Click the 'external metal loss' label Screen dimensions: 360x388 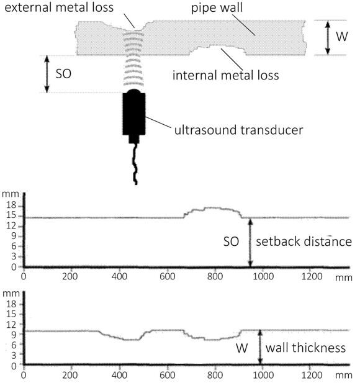59,7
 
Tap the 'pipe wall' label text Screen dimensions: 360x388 217,7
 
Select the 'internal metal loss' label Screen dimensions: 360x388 226,75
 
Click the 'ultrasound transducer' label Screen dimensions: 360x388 239,130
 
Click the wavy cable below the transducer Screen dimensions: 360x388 135,164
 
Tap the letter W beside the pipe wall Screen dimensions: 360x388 342,37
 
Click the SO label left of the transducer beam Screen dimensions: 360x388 63,74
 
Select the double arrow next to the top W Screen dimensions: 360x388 328,38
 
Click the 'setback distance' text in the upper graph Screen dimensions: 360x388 304,241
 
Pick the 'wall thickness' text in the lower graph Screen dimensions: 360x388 305,348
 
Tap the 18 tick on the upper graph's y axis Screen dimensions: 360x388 11,205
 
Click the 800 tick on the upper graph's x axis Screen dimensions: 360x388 215,276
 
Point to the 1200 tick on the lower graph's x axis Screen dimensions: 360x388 312,375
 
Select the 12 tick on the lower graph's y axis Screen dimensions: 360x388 11,325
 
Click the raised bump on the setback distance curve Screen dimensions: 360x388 213,209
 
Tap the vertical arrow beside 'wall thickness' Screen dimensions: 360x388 260,347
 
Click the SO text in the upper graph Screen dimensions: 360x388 231,241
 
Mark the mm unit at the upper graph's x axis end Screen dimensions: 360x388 344,277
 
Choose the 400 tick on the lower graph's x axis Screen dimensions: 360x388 119,375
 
